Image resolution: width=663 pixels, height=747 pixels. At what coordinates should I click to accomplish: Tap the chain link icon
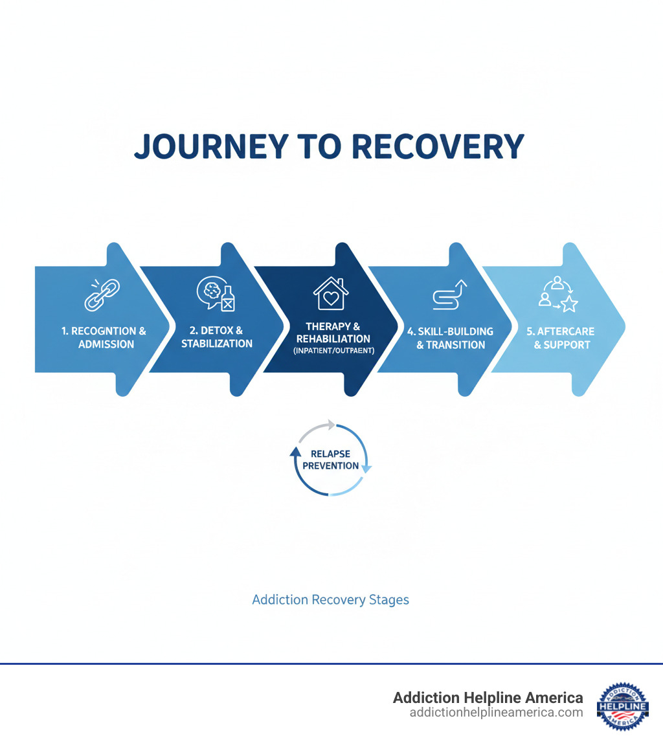tap(102, 295)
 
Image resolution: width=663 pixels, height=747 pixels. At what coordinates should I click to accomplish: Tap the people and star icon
tap(557, 295)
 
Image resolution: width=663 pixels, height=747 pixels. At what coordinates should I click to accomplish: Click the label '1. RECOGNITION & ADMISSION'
tap(104, 338)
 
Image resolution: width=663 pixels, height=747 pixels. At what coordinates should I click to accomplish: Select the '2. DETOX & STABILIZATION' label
tap(217, 337)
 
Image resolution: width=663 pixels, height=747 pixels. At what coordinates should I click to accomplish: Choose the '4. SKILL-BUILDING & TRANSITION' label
tap(451, 338)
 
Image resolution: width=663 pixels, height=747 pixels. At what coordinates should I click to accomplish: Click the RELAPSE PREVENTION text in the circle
tap(330, 460)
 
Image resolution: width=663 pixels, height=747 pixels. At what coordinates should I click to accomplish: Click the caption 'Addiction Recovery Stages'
tap(330, 599)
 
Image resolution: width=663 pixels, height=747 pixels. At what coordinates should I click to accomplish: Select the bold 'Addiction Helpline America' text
tap(488, 698)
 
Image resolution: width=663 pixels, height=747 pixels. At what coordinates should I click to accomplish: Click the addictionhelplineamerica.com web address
tap(496, 712)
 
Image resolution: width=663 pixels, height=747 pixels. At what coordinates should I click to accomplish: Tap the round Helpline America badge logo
tap(622, 704)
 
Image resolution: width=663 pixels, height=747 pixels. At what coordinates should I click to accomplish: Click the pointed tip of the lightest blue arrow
tap(623, 319)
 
